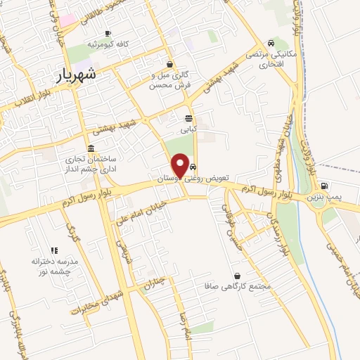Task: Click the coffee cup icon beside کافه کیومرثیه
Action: point(108,33)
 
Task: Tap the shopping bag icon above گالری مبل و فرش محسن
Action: point(169,63)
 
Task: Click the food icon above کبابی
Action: point(188,118)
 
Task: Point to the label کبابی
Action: point(189,129)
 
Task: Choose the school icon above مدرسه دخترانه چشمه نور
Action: point(53,250)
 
